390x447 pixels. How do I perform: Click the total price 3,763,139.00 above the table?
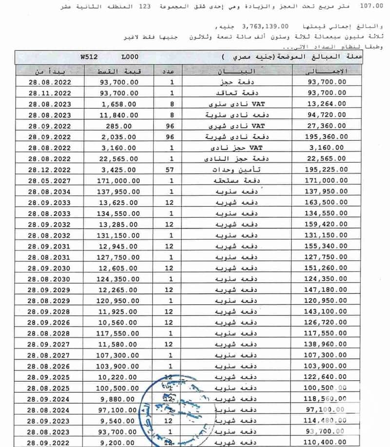[262, 26]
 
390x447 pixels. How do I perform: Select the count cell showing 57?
[172, 170]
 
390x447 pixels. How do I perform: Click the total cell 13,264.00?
[327, 103]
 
